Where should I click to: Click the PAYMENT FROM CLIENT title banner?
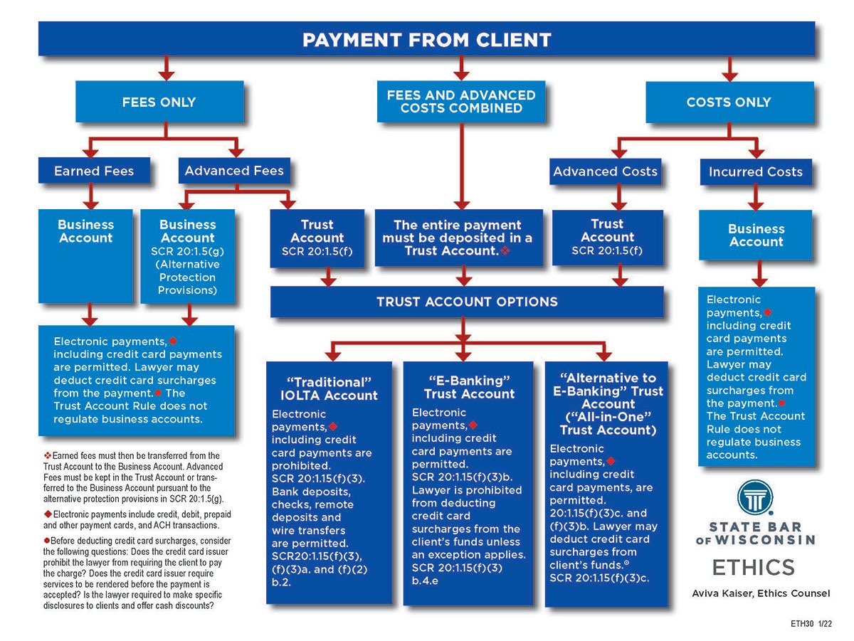coord(426,39)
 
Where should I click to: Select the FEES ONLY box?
coord(159,102)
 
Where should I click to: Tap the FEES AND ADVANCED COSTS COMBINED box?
coord(461,101)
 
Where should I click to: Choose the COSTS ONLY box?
coord(728,102)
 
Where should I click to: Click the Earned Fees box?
coord(94,171)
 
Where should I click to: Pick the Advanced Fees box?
coord(234,171)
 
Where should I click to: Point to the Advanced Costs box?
coord(606,171)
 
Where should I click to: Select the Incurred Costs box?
coord(755,171)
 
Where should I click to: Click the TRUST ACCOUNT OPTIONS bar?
coord(467,302)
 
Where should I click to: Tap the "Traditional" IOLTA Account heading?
coord(329,388)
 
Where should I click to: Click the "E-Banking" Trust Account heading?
coord(469,386)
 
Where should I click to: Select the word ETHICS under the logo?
coord(754,568)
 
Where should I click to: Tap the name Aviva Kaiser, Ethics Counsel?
coord(761,593)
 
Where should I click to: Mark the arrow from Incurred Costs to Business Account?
coord(757,197)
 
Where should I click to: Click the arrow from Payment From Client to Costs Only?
coord(729,68)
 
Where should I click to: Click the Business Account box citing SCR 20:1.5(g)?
coord(188,256)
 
